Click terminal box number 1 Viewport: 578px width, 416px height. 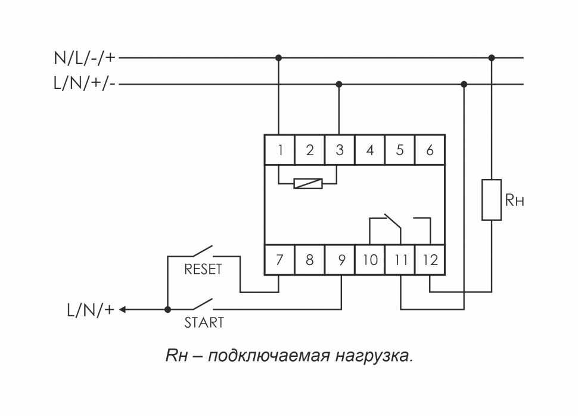click(279, 150)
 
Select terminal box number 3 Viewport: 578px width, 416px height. click(340, 150)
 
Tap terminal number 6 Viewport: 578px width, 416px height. click(430, 150)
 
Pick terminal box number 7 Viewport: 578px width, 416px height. click(279, 260)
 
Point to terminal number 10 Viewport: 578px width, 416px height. click(371, 260)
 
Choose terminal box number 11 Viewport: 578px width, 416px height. click(400, 260)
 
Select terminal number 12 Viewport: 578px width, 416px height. click(430, 260)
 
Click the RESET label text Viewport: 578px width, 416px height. click(203, 269)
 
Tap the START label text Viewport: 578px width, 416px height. click(203, 323)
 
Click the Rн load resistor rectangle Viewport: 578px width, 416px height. click(492, 199)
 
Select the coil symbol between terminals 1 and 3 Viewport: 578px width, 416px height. click(309, 184)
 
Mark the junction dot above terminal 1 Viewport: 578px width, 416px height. click(278, 58)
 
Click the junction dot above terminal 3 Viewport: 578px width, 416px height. click(339, 84)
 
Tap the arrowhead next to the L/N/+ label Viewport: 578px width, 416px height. click(123, 310)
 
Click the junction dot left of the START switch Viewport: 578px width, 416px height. click(167, 310)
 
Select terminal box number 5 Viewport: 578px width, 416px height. click(400, 150)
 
